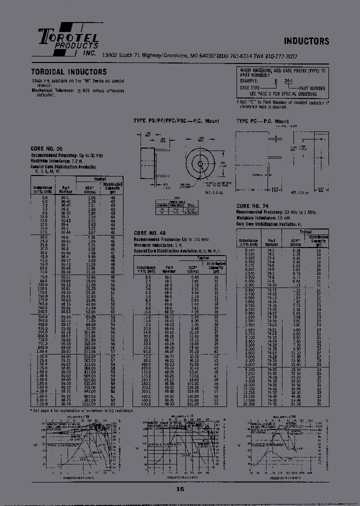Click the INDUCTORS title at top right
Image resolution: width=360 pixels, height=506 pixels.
coord(306,41)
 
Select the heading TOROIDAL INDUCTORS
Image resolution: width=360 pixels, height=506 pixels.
coord(69,72)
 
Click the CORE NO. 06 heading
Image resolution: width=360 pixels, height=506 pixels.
coord(48,149)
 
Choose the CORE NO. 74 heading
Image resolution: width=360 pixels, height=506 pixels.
coord(253,205)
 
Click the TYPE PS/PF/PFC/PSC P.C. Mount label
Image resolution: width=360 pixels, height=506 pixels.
coord(176,121)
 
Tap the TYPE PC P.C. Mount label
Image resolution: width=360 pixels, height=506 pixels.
coord(262,121)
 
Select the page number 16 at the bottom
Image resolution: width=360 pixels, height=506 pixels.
coord(179,490)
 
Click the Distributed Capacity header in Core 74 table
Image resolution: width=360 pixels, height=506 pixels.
coord(318,240)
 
